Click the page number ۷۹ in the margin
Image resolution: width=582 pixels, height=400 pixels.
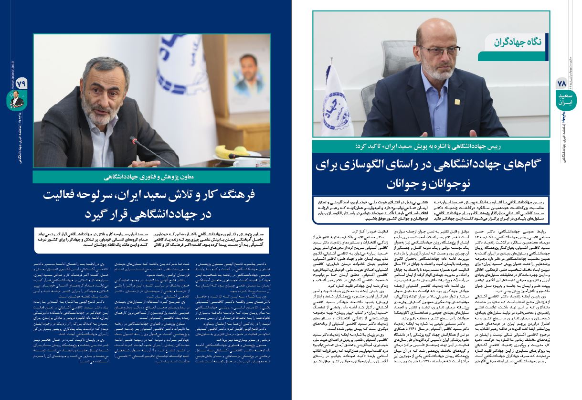(x=20, y=83)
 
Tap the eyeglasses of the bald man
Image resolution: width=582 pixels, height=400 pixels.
(x=432, y=50)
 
